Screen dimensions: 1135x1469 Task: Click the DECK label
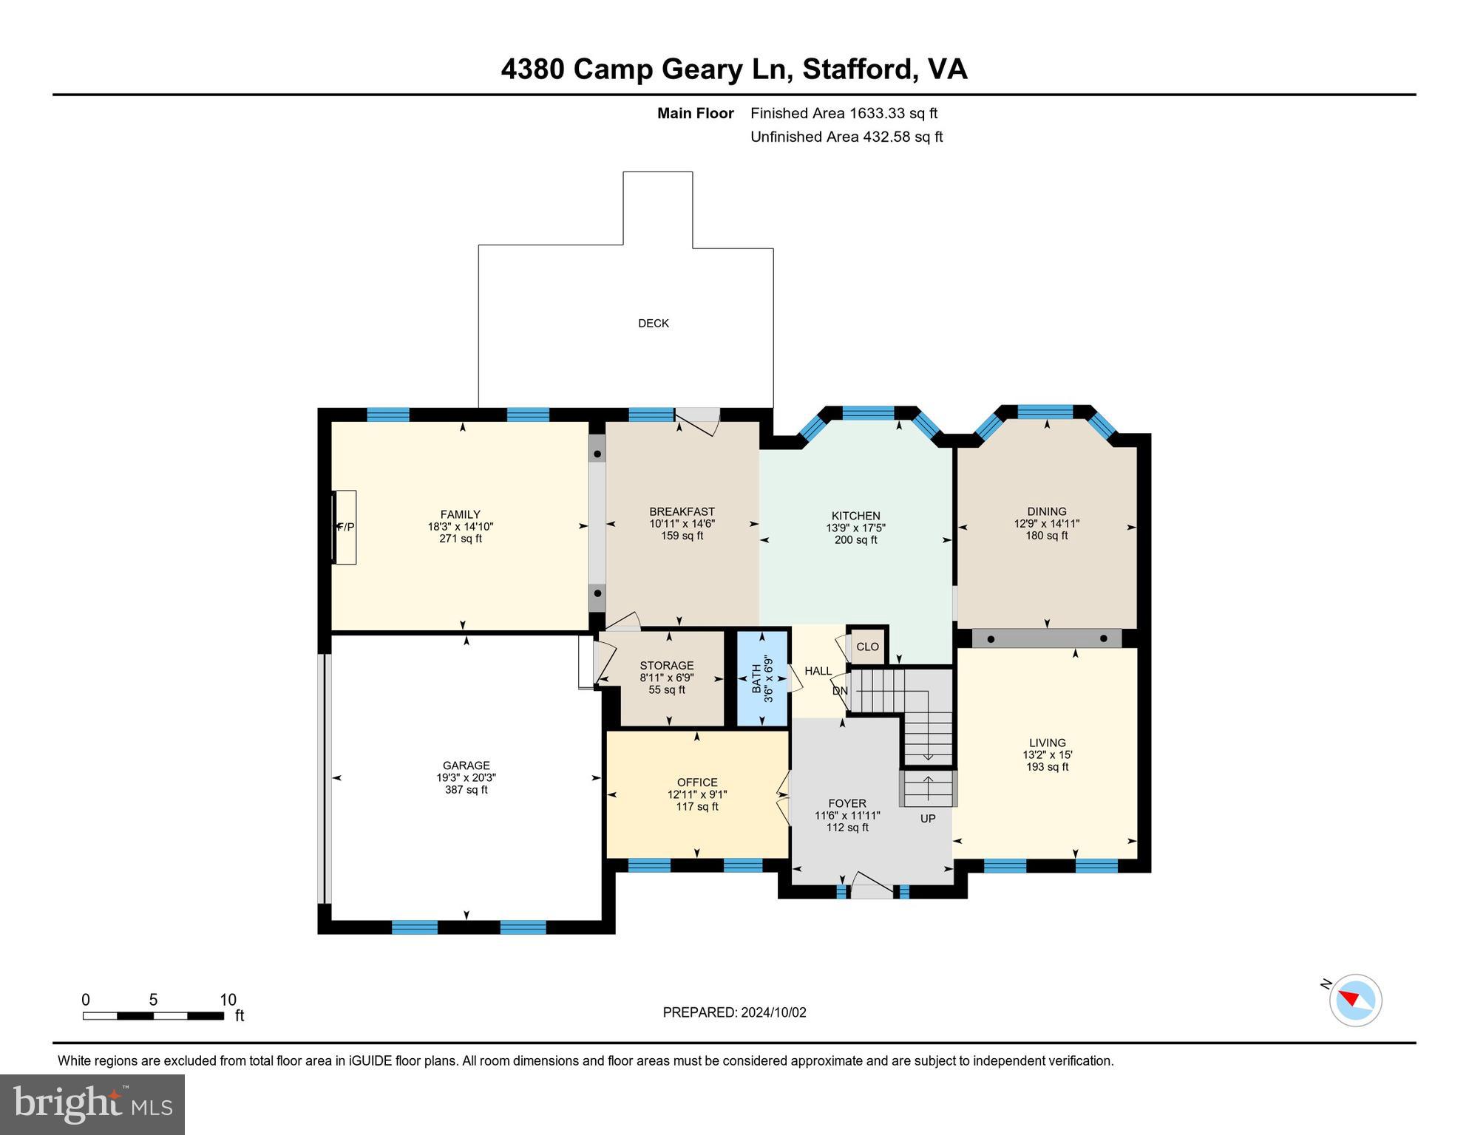(653, 323)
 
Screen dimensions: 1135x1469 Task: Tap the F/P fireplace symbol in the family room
(345, 527)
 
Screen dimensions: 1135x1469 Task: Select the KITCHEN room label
(855, 516)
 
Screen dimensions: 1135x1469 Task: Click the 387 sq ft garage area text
(466, 789)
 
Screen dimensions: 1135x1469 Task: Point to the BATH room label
(756, 678)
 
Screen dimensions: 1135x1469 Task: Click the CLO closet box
(867, 647)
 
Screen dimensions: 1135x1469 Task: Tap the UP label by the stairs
(927, 818)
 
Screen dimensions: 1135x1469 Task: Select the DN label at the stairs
(840, 691)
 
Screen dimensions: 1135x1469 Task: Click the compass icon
(1354, 1001)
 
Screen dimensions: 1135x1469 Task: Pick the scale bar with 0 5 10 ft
(153, 1015)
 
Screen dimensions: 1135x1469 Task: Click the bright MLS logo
(92, 1104)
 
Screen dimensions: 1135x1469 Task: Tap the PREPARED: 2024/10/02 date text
(734, 1012)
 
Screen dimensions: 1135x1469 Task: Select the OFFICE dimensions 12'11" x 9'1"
(697, 794)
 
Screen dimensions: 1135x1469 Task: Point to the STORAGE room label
(666, 665)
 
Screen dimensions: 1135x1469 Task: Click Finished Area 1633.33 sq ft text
(844, 113)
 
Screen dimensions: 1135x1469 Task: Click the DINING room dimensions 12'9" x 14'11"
(1046, 523)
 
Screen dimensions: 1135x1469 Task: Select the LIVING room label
(1047, 743)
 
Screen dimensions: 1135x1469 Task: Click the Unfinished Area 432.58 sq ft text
(846, 137)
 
